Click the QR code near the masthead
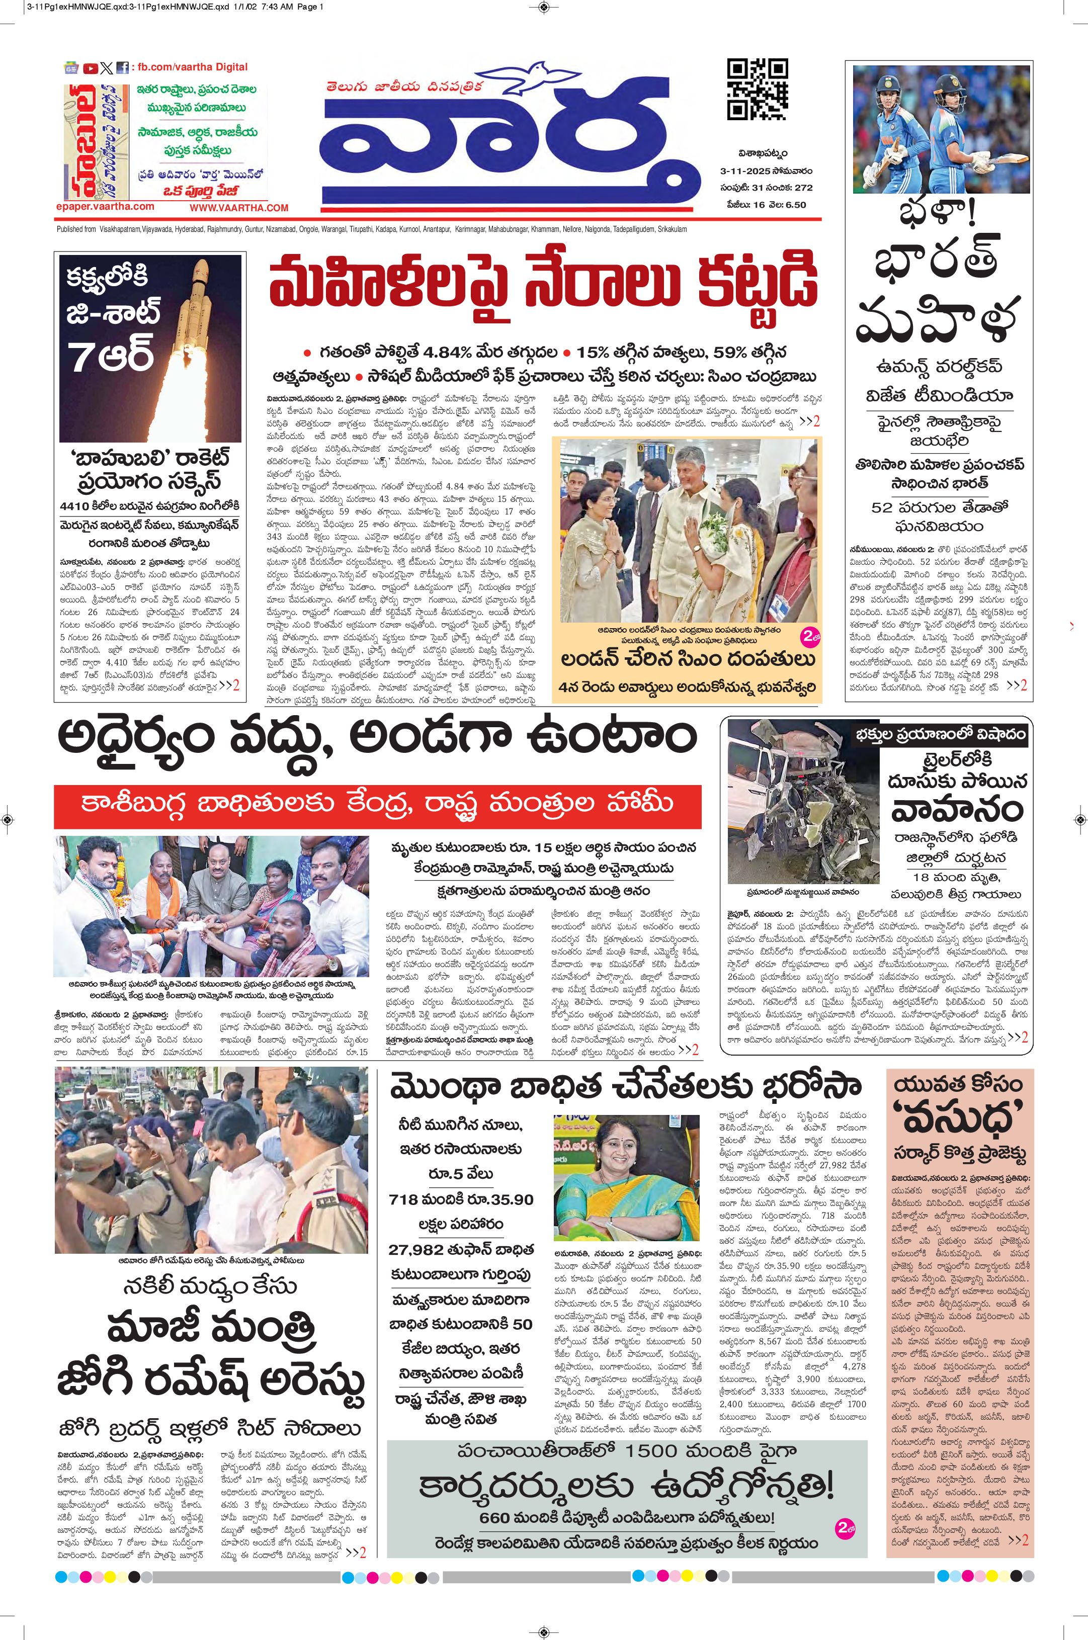click(757, 90)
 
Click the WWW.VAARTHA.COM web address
click(239, 207)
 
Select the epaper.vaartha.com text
click(106, 206)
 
